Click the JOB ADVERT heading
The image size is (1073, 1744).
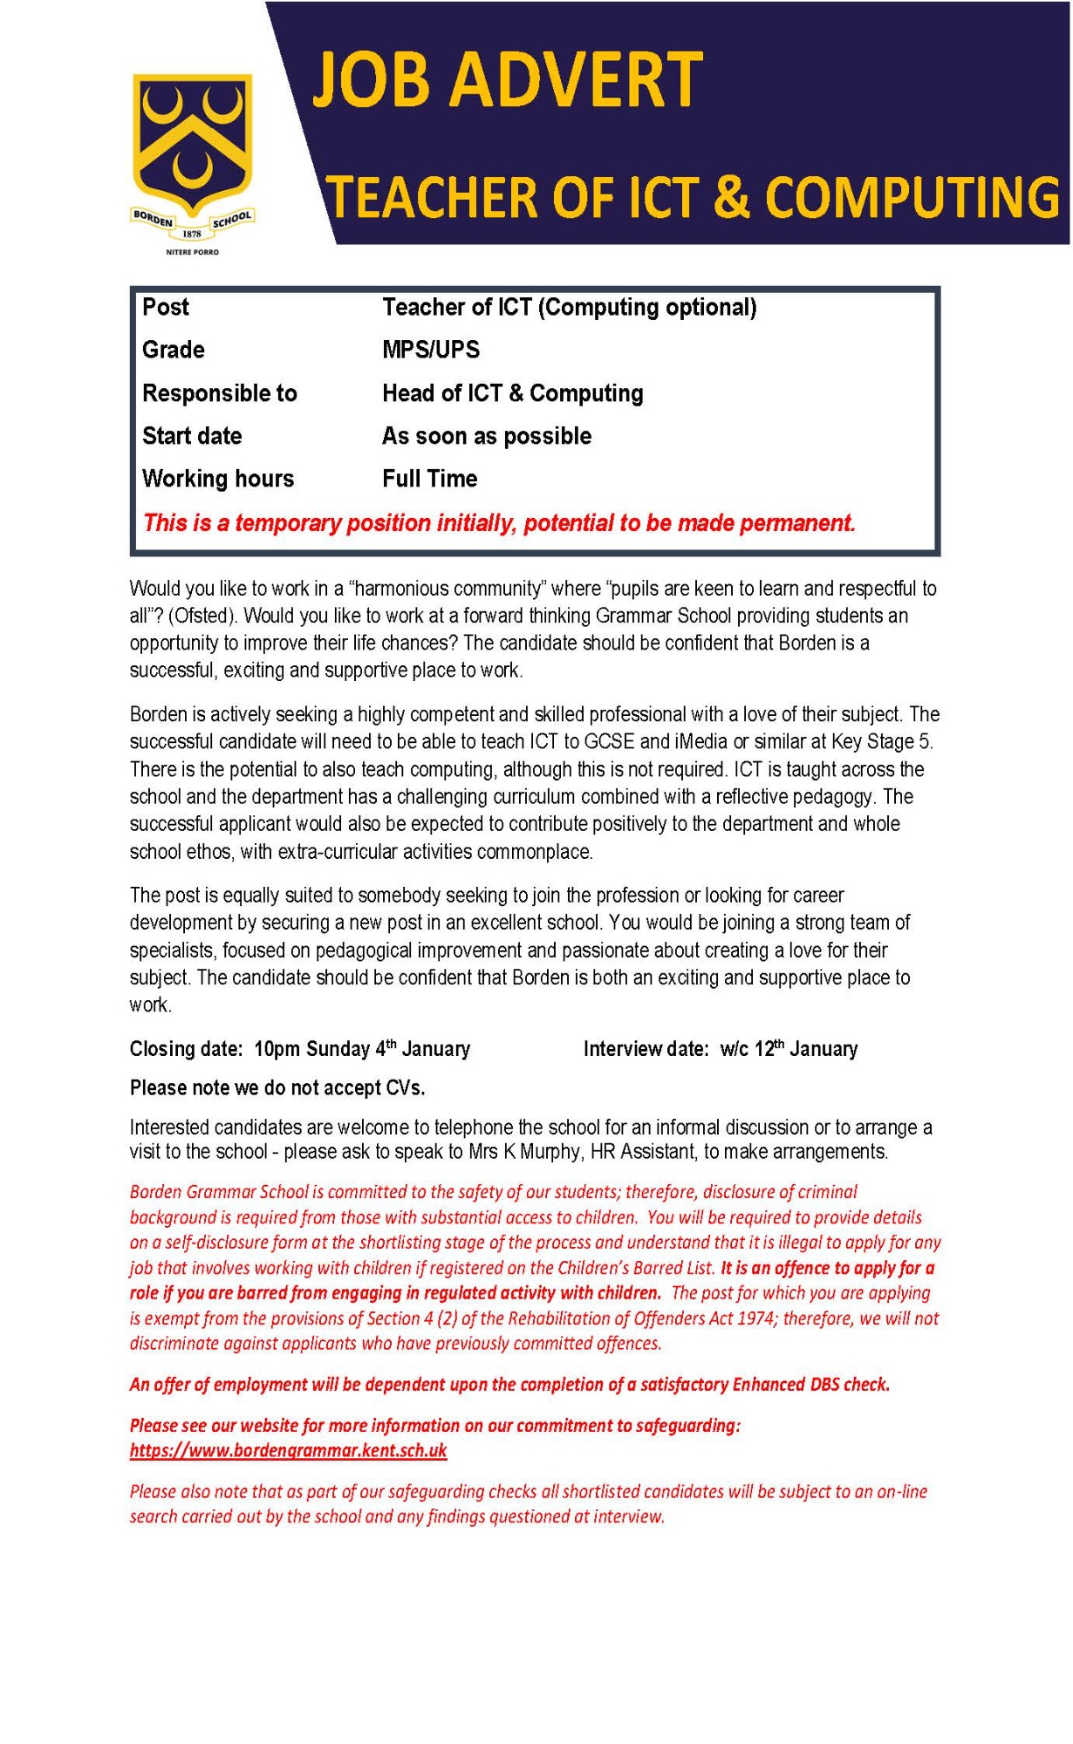coord(507,79)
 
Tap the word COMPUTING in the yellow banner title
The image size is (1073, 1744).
coord(912,197)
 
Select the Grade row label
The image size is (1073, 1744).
coord(174,350)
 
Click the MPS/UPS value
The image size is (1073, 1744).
coord(431,350)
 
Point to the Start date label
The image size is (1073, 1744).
coord(192,436)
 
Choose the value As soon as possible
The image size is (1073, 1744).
coord(487,436)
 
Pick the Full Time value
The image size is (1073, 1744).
coord(430,479)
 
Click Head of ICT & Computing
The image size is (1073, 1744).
coord(513,393)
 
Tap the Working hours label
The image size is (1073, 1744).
coord(218,479)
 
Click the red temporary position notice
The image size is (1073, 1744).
coord(499,523)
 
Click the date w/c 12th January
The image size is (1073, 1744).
coord(789,1049)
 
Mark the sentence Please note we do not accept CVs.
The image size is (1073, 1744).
coord(277,1088)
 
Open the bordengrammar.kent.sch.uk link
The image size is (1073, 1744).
coord(289,1450)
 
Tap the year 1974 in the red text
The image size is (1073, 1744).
coord(755,1318)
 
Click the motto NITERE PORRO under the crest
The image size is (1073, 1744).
coord(193,252)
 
